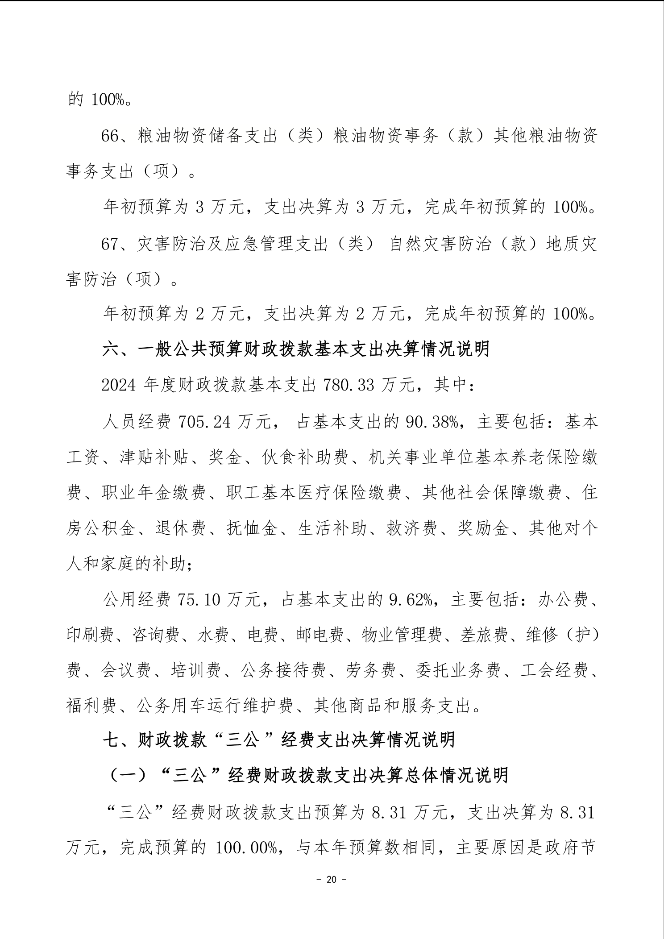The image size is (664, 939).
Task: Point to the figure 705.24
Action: click(x=204, y=421)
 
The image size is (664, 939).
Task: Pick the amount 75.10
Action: click(x=199, y=600)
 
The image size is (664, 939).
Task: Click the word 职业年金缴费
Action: click(x=154, y=493)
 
